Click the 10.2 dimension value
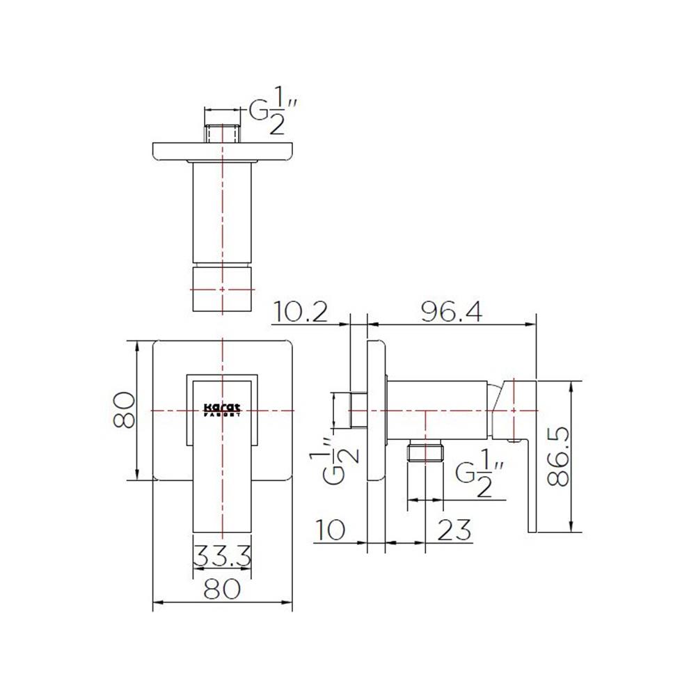tap(301, 313)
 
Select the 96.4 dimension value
tap(453, 313)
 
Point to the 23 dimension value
tap(454, 530)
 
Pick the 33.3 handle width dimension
tap(222, 557)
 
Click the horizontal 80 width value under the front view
tap(222, 590)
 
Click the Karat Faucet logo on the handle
tap(222, 410)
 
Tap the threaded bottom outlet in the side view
tap(425, 452)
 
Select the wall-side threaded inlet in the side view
tap(359, 410)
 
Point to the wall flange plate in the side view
tap(376, 411)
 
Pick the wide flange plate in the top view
tap(222, 151)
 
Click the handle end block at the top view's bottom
tap(222, 289)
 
